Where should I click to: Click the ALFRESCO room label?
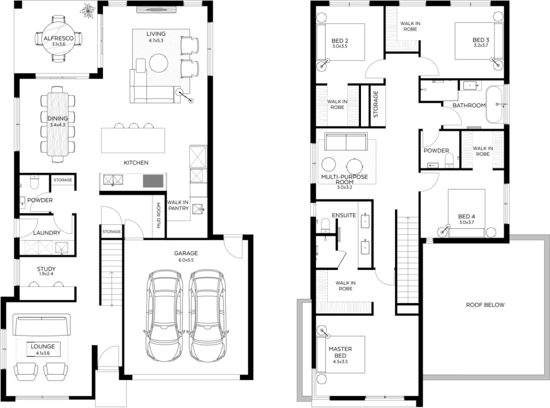click(58, 38)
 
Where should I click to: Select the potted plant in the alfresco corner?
click(87, 11)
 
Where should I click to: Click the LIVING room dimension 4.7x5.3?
click(156, 40)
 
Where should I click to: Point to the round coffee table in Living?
click(159, 63)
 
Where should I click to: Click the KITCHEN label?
click(136, 163)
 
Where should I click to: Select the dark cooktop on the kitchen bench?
click(153, 181)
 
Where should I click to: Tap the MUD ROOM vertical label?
click(159, 215)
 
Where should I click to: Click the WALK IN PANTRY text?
click(178, 205)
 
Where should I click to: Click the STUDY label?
click(46, 269)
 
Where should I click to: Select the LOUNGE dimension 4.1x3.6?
click(43, 353)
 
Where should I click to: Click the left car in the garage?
click(164, 316)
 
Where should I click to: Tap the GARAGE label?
click(186, 253)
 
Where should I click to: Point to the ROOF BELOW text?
click(485, 305)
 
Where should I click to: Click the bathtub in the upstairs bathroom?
click(494, 105)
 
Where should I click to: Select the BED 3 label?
click(481, 40)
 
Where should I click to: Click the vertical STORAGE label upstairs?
click(375, 104)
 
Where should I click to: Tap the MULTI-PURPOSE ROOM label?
click(345, 179)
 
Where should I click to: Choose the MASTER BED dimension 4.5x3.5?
click(340, 361)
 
